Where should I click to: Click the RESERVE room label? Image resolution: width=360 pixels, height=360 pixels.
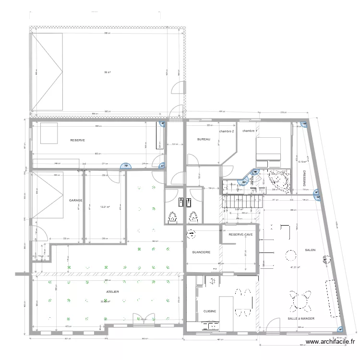coord(77,140)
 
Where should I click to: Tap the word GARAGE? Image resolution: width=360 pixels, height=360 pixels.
coord(75,200)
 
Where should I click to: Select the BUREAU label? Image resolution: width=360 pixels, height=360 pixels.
coord(204,139)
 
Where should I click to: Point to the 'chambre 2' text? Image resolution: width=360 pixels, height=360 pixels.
coord(227,132)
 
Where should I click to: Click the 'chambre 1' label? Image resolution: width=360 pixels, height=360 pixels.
coord(250,131)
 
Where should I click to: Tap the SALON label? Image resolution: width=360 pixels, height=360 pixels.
coord(310,250)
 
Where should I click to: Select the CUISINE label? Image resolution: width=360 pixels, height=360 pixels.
coord(210,311)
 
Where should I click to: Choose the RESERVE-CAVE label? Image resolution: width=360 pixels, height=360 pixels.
coord(240,235)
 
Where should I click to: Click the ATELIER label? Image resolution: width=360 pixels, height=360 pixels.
coord(113,291)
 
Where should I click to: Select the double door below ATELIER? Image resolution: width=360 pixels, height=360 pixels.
coord(141,319)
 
